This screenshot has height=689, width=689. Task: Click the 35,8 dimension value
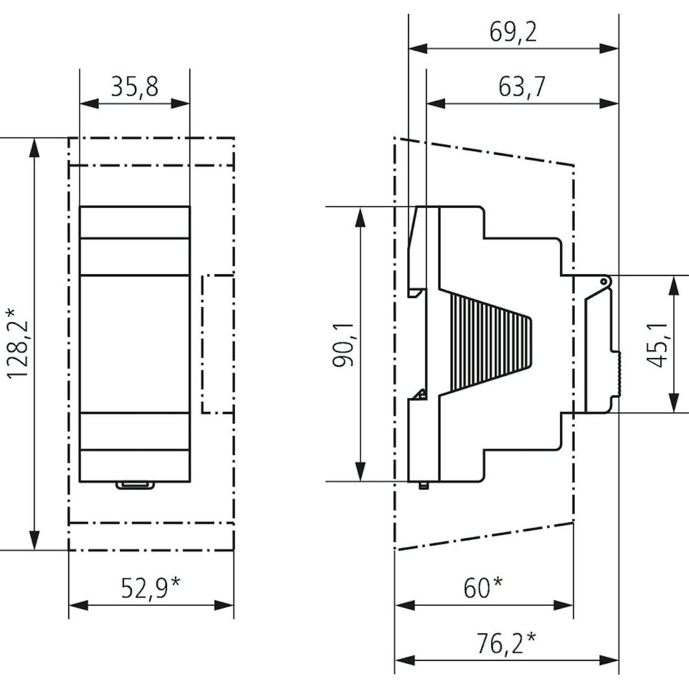134,87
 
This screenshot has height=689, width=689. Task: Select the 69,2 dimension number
513,32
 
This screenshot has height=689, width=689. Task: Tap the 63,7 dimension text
522,87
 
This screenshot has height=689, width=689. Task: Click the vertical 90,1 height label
343,345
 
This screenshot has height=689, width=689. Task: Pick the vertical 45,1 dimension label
658,344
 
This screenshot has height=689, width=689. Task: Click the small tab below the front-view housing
135,485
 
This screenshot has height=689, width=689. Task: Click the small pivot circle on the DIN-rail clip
603,281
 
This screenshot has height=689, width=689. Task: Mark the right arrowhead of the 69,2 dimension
609,48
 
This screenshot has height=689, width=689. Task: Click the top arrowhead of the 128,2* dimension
34,147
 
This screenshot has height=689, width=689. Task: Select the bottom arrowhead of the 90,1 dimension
360,471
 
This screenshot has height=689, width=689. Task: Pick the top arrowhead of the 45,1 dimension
674,285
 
